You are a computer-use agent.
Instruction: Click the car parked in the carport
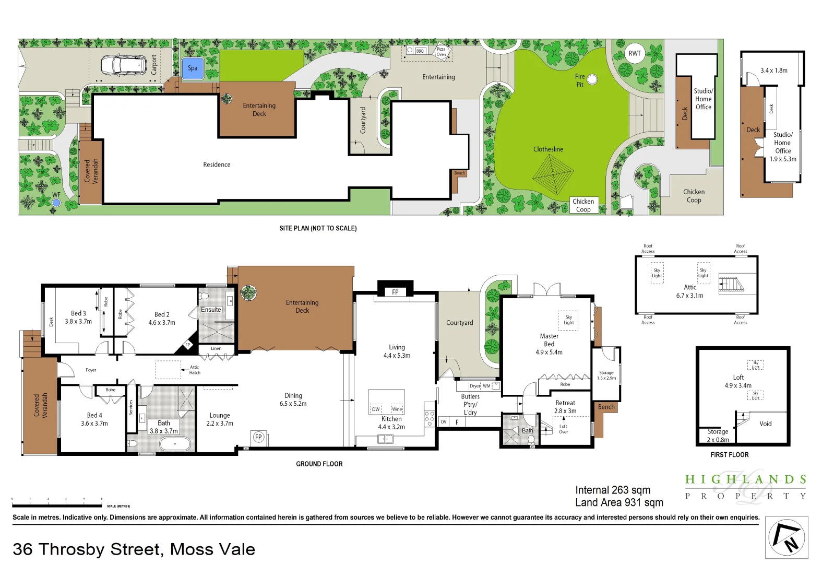pyautogui.click(x=123, y=65)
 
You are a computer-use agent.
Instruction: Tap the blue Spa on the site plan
pyautogui.click(x=193, y=68)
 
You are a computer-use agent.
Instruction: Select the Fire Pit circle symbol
pyautogui.click(x=592, y=79)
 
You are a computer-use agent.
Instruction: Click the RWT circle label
pyautogui.click(x=635, y=53)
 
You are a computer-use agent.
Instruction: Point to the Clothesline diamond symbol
pyautogui.click(x=553, y=174)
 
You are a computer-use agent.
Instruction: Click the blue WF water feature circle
pyautogui.click(x=56, y=202)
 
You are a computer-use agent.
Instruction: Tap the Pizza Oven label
pyautogui.click(x=442, y=52)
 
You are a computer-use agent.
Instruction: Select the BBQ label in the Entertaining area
pyautogui.click(x=420, y=51)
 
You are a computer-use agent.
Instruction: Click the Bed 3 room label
pyautogui.click(x=78, y=313)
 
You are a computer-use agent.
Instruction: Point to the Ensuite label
pyautogui.click(x=211, y=310)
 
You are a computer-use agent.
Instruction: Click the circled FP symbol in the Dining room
pyautogui.click(x=258, y=437)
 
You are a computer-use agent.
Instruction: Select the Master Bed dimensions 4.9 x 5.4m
pyautogui.click(x=549, y=352)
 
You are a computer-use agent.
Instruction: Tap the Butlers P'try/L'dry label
pyautogui.click(x=470, y=404)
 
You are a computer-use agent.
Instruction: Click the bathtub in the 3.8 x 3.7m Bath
pyautogui.click(x=175, y=444)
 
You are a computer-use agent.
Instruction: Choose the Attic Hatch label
pyautogui.click(x=194, y=370)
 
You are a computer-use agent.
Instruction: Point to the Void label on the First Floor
pyautogui.click(x=765, y=424)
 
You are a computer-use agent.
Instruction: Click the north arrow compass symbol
pyautogui.click(x=787, y=537)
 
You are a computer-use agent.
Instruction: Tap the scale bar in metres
pyautogui.click(x=57, y=506)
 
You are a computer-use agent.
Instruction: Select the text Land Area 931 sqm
pyautogui.click(x=619, y=502)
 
